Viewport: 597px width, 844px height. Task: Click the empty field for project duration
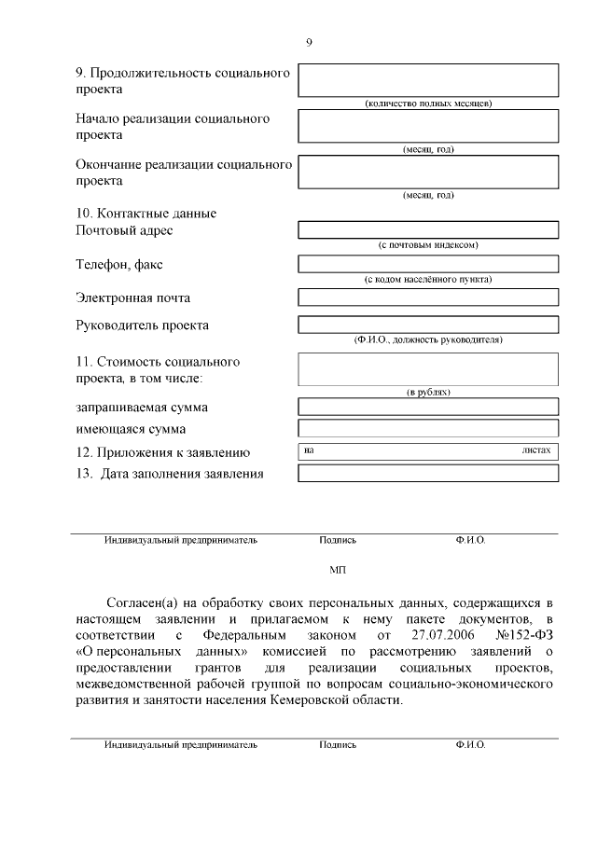pyautogui.click(x=427, y=80)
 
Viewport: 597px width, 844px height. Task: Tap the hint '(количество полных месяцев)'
pyautogui.click(x=427, y=104)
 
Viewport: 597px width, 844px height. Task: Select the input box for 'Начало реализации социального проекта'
pyautogui.click(x=427, y=126)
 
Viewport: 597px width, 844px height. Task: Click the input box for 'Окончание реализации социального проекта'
pyautogui.click(x=427, y=172)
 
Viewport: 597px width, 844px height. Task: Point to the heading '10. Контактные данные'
pyautogui.click(x=146, y=214)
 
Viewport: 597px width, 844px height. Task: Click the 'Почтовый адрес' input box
pyautogui.click(x=427, y=229)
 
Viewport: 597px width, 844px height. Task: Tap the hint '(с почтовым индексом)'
pyautogui.click(x=427, y=245)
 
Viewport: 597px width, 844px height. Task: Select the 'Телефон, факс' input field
pyautogui.click(x=427, y=264)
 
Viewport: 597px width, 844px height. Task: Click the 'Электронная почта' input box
pyautogui.click(x=427, y=297)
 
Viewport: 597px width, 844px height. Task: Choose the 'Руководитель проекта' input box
pyautogui.click(x=427, y=325)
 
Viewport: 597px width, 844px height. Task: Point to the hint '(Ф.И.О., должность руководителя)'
pyautogui.click(x=427, y=340)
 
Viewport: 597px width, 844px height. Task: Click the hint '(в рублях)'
pyautogui.click(x=427, y=393)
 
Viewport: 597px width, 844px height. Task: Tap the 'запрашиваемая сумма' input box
pyautogui.click(x=427, y=407)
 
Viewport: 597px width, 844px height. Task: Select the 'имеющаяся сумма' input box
pyautogui.click(x=427, y=429)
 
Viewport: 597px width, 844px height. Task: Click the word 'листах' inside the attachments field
pyautogui.click(x=536, y=450)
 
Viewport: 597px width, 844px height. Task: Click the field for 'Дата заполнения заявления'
pyautogui.click(x=427, y=473)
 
